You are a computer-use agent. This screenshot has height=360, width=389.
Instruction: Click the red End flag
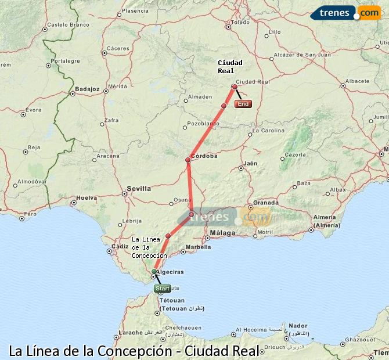pyautogui.click(x=243, y=104)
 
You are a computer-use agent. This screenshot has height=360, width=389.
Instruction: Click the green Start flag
pyautogui.click(x=162, y=288)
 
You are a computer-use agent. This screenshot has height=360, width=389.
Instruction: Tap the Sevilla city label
pyautogui.click(x=138, y=188)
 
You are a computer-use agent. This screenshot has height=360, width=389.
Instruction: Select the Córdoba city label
pyautogui.click(x=204, y=156)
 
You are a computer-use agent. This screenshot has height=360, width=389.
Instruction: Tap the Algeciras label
pyautogui.click(x=171, y=272)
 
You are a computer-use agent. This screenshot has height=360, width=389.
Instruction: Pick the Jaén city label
pyautogui.click(x=251, y=164)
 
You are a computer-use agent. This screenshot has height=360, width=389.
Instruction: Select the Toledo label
pyautogui.click(x=240, y=23)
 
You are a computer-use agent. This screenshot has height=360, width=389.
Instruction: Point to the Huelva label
pyautogui.click(x=87, y=197)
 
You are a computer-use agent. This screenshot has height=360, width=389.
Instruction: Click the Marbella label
pyautogui.click(x=198, y=247)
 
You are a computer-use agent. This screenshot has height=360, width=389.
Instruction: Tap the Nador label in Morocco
pyautogui.click(x=298, y=326)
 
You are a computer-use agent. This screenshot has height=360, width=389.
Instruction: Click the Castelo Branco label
pyautogui.click(x=68, y=25)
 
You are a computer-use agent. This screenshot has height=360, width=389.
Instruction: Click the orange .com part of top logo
pyautogui.click(x=369, y=12)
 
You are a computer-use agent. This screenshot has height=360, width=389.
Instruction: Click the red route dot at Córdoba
pyautogui.click(x=188, y=160)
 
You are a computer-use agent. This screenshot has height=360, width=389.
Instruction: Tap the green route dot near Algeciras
pyautogui.click(x=154, y=271)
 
